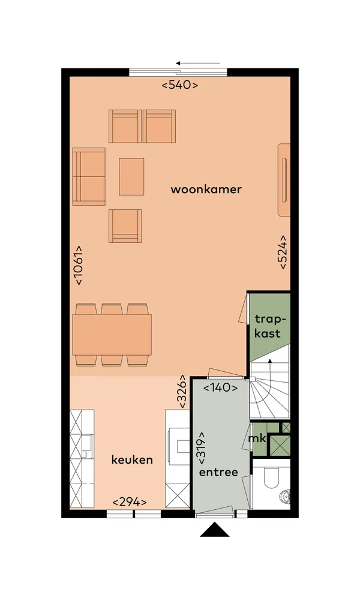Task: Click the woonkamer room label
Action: (206, 190)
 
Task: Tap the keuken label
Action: (132, 459)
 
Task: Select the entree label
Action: (218, 472)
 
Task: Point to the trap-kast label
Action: (268, 326)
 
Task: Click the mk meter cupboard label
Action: (257, 438)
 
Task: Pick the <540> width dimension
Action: (180, 85)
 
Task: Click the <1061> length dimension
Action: (79, 265)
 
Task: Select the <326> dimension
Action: (182, 392)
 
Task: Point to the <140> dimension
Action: (220, 388)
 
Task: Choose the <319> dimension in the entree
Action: (202, 449)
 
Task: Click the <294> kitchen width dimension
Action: (130, 502)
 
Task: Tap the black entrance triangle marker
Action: (215, 530)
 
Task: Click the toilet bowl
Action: (272, 475)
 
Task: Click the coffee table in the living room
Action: (131, 176)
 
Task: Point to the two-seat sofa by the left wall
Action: (89, 176)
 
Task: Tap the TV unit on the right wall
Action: (284, 179)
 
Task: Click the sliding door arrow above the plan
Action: (198, 63)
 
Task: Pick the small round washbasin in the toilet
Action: (285, 496)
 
